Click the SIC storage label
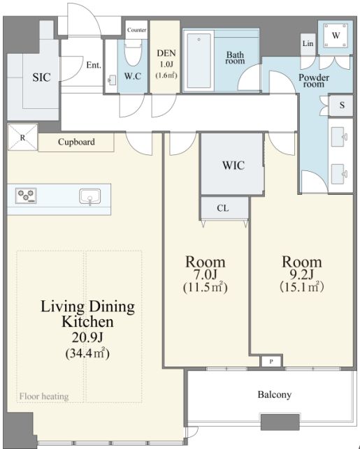41,78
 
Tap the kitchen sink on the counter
89,196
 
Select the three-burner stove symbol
26,196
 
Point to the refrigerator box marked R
22,137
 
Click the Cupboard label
76,142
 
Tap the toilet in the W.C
133,52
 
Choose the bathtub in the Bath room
199,61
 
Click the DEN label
166,53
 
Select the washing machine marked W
336,36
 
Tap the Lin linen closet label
308,43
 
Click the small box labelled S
341,105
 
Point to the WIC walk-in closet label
233,165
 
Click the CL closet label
223,208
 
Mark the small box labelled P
271,362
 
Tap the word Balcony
275,395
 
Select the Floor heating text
44,397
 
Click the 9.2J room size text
302,274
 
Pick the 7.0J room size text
206,274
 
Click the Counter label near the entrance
137,30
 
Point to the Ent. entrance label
94,65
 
